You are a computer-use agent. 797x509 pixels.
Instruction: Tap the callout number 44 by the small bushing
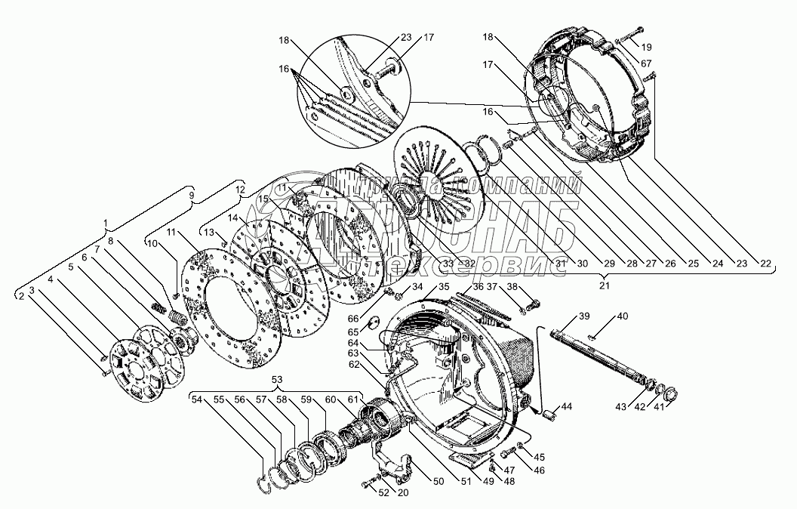pos(567,407)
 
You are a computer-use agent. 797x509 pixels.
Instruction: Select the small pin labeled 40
pos(595,337)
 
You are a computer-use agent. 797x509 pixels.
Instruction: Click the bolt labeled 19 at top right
pos(628,36)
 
